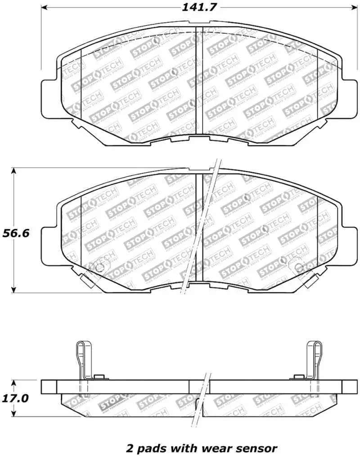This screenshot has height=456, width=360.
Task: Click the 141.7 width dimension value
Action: click(196, 8)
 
